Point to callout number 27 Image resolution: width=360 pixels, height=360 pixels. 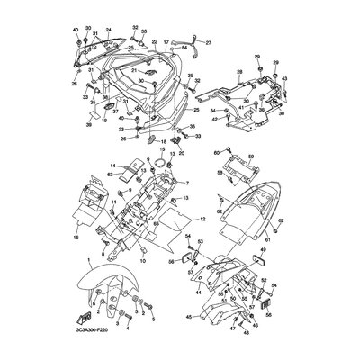210,42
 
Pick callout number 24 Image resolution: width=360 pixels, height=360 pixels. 108,31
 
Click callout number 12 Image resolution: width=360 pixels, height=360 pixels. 176,219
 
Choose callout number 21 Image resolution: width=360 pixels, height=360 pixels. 134,71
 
